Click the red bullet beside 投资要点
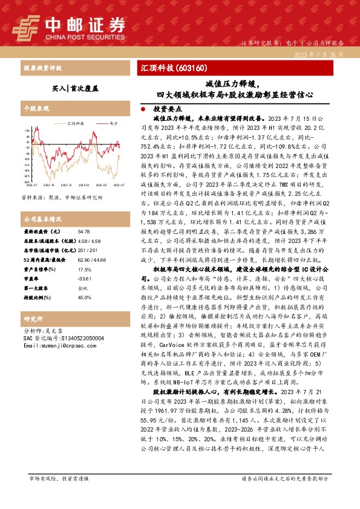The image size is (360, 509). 142,109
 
